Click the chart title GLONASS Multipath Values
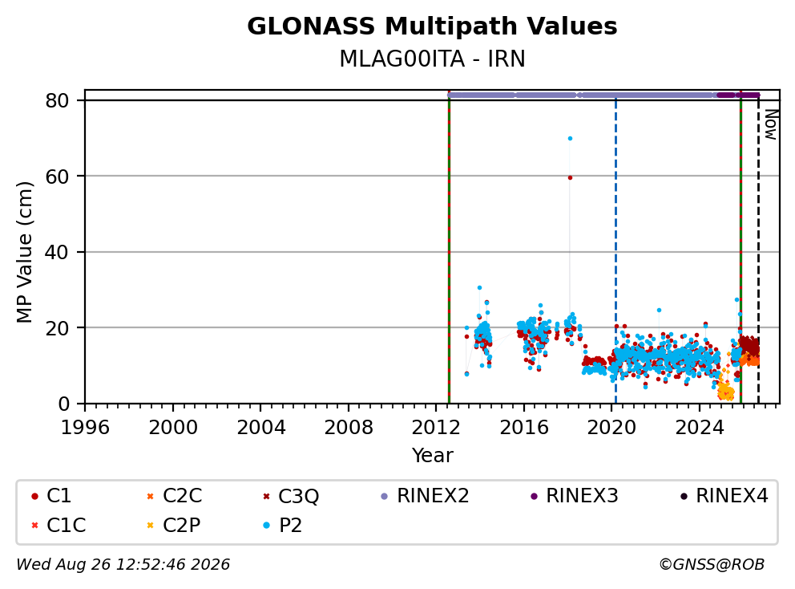coord(432,26)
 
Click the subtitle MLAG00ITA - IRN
coord(432,59)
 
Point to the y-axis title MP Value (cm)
coord(24,252)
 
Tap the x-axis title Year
coord(432,455)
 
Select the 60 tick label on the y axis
coord(57,177)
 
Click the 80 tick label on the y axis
coord(57,100)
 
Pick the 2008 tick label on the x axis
coord(349,428)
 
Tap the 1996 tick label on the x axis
coord(85,428)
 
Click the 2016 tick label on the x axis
coord(524,428)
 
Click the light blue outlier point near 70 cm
coord(570,138)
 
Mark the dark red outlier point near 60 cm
coord(570,177)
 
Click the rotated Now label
coord(771,125)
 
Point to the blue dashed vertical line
coord(615,252)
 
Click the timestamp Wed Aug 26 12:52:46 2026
coord(123,564)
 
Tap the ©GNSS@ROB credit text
coord(712,564)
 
